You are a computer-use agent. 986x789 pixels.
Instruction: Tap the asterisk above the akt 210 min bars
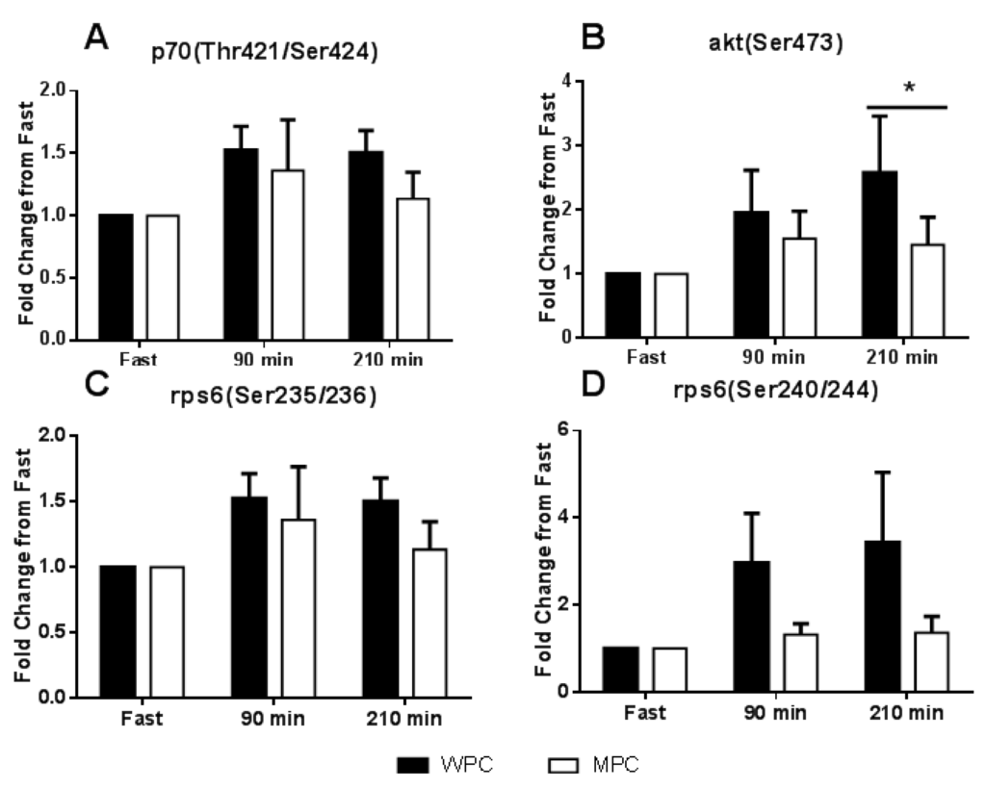(x=907, y=89)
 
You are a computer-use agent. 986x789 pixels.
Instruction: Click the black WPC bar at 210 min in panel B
(x=880, y=255)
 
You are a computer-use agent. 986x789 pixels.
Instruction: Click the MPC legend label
(x=615, y=764)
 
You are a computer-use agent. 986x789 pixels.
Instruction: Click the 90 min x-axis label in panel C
(x=271, y=718)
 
